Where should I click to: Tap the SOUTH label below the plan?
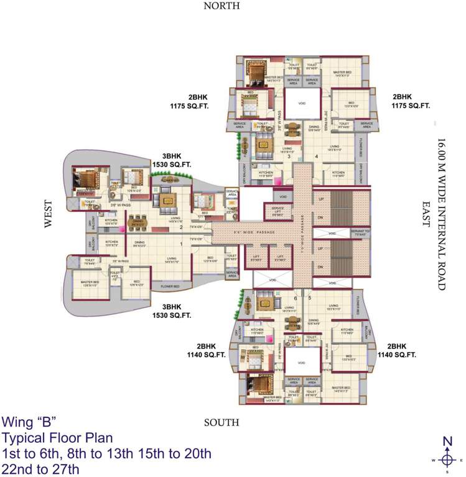tap(221, 423)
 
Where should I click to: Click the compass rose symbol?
tap(447, 460)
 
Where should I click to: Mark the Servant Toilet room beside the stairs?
tap(361, 234)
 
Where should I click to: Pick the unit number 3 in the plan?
tap(289, 157)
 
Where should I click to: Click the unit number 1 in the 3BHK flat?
tap(181, 244)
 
